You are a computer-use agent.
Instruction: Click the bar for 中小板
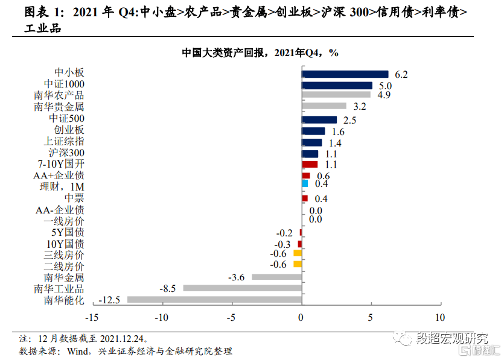345,74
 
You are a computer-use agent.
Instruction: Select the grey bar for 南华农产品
336,95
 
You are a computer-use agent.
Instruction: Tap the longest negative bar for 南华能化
214,299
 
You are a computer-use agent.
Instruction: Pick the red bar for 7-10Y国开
310,164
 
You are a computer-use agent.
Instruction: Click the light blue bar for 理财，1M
305,183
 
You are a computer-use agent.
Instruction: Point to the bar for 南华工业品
242,288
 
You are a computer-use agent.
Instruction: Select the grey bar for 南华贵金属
324,106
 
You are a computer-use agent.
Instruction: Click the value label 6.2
401,75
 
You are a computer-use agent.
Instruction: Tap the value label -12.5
110,300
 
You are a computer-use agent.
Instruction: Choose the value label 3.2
360,107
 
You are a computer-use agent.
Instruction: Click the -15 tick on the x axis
91,317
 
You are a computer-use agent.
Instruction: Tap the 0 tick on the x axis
301,317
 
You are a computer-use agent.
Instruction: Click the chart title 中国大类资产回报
222,52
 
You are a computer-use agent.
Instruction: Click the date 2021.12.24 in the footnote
119,339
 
